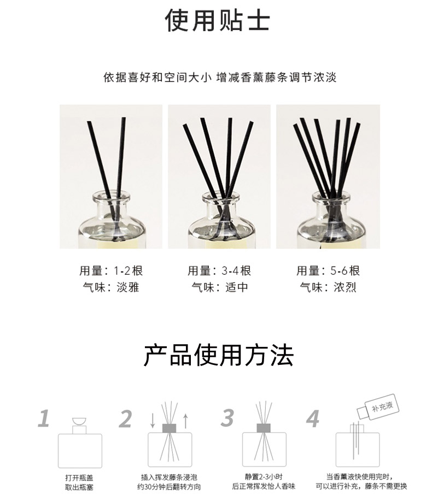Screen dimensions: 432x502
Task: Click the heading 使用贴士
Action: [217, 20]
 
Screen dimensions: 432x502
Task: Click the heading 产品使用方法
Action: [218, 355]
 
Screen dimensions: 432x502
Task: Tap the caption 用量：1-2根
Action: [111, 271]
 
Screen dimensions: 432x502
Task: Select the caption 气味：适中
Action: [219, 287]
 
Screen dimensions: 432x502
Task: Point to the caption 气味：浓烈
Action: [328, 287]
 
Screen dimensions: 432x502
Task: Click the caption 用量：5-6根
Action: [328, 271]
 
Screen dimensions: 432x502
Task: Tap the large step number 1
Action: [44, 418]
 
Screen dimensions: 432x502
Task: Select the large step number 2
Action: [125, 418]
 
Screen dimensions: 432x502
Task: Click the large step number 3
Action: [227, 417]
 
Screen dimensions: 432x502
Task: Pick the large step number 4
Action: [313, 418]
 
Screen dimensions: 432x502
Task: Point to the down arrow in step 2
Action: [153, 421]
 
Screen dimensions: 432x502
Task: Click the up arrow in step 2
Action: [185, 421]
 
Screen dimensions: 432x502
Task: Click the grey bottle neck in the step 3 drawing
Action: [264, 428]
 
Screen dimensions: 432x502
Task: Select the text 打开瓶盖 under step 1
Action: [79, 478]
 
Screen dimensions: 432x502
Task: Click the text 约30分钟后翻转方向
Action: [169, 487]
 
